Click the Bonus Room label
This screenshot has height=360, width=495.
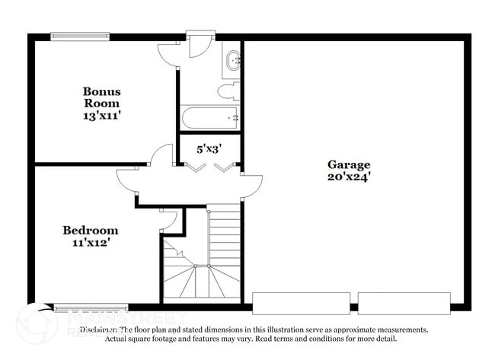[101, 97]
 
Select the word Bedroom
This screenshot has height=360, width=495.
[90, 231]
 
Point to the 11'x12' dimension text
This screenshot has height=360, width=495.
[90, 244]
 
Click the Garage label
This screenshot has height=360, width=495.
[349, 164]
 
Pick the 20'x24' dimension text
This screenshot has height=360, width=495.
[349, 177]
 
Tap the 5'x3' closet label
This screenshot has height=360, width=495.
[209, 149]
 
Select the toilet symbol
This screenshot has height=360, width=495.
[228, 92]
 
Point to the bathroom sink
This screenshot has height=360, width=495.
[232, 60]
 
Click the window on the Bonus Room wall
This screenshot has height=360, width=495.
[80, 35]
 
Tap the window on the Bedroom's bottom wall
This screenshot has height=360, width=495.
[80, 308]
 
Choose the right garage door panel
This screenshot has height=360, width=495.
[404, 303]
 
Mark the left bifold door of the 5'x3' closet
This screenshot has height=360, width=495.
[193, 166]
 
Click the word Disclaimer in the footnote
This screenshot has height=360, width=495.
[104, 330]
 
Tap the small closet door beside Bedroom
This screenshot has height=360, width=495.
[170, 219]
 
